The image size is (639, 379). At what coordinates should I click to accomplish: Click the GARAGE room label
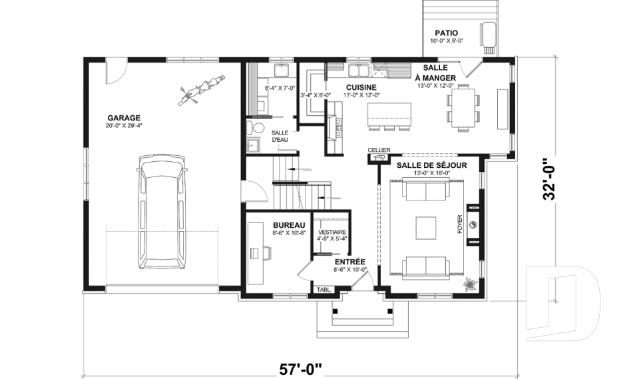124,119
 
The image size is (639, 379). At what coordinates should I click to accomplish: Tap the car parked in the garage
162,211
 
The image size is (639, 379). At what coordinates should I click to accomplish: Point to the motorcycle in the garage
201,90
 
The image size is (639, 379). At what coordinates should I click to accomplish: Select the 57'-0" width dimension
301,369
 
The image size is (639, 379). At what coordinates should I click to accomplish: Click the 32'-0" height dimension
549,179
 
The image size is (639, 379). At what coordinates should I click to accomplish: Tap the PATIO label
446,33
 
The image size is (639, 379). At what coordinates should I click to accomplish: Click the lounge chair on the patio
488,37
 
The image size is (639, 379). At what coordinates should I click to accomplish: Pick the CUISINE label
361,87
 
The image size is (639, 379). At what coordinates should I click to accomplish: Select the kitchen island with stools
389,117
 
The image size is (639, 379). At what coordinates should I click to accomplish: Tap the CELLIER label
379,150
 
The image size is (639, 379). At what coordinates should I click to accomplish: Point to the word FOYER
460,224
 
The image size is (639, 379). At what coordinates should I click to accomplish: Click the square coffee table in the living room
426,228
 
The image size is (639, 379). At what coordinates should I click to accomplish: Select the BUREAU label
289,225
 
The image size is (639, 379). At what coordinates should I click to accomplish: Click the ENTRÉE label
350,262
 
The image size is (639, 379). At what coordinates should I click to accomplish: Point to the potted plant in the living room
469,284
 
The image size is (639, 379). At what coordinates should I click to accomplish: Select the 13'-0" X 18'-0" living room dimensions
431,173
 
